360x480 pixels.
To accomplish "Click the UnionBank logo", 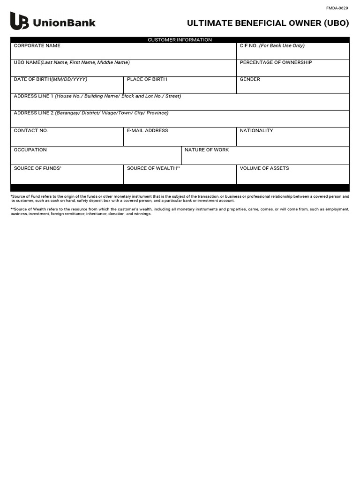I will tap(52, 22).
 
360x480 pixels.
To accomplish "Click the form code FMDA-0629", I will tap(337, 8).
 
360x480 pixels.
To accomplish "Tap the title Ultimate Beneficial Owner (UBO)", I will tap(268, 23).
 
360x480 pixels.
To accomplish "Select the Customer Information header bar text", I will tap(180, 40).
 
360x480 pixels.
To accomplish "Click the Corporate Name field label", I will tap(37, 46).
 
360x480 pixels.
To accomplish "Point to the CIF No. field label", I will tap(272, 46).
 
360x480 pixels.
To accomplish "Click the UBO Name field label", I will tap(72, 62).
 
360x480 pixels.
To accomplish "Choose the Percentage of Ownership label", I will tap(276, 62).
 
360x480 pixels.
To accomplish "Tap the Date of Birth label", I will tap(50, 79).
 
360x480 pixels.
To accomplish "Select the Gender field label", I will tap(250, 79).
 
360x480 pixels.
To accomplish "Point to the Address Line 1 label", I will tap(97, 96).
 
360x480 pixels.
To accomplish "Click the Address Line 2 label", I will tap(91, 113).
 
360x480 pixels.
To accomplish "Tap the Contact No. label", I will tap(31, 131).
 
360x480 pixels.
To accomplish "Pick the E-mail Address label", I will tap(147, 131).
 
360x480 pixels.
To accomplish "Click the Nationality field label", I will tap(256, 131).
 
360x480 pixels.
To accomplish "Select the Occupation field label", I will tap(30, 150).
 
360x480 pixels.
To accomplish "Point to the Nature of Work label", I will tap(207, 150).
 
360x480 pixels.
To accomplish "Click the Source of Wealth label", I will tap(153, 168).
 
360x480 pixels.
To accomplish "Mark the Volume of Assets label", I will tap(264, 168).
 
